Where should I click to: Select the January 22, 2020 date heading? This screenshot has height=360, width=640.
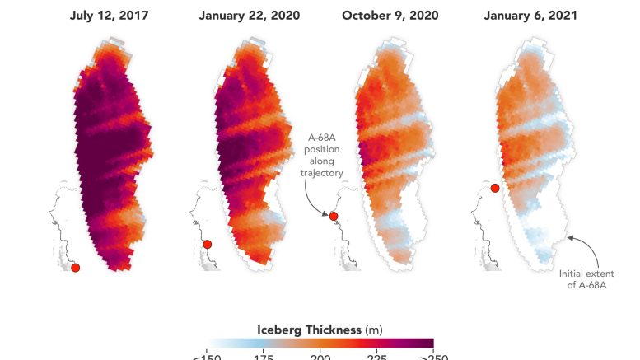click(250, 16)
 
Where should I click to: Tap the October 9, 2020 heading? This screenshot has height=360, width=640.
click(390, 16)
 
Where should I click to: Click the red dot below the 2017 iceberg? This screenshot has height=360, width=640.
click(75, 267)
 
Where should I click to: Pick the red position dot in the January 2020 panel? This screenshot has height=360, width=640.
click(207, 244)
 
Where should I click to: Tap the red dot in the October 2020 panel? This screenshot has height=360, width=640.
click(334, 217)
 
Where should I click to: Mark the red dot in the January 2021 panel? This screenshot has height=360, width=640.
click(495, 189)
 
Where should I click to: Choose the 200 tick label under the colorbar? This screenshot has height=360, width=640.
click(320, 356)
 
